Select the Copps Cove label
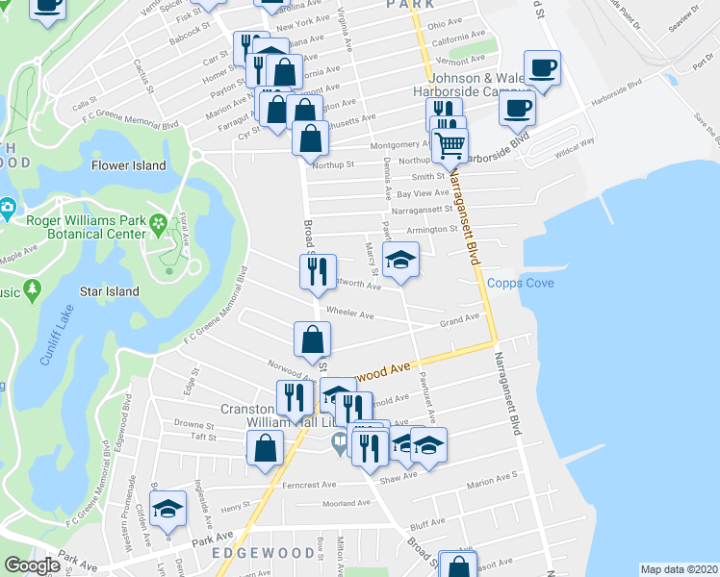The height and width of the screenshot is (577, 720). pos(519,283)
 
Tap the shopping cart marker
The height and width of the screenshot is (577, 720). pos(450,146)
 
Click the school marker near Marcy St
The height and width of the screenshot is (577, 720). pos(401,259)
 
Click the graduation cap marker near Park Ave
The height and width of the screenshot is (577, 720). pos(168,509)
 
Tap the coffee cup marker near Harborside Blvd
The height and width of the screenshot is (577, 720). pos(518,108)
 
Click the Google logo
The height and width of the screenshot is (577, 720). pos(32,566)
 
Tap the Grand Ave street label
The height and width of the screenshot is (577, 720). pos(459,319)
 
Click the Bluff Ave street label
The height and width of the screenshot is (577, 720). pos(424,525)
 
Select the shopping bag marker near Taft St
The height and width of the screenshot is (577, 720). pos(265,448)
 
